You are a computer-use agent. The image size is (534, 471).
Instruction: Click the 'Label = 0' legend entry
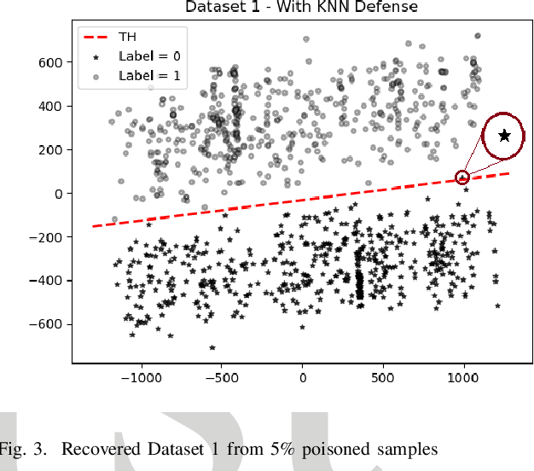(x=149, y=56)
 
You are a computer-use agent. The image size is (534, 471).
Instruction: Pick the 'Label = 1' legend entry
(x=149, y=75)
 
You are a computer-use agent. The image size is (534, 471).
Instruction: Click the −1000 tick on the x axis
(x=141, y=376)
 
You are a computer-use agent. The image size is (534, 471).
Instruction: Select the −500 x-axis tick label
(x=221, y=376)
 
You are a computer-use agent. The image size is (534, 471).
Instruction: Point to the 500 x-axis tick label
(x=383, y=376)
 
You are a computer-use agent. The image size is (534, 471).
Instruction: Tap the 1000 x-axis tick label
(x=463, y=376)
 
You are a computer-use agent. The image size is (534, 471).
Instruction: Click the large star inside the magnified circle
(x=505, y=135)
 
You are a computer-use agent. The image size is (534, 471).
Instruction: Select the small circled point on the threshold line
(x=462, y=177)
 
